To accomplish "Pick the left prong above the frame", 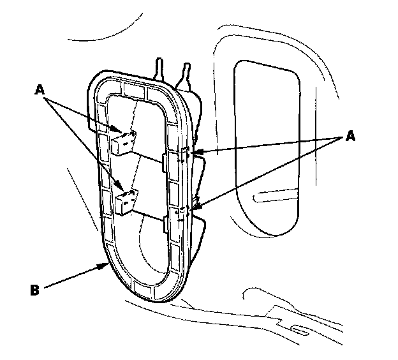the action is click(x=158, y=66).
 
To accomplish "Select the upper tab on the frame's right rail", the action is click(x=184, y=155).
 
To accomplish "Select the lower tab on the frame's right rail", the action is click(x=182, y=211).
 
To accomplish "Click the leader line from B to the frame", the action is click(x=73, y=277).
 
